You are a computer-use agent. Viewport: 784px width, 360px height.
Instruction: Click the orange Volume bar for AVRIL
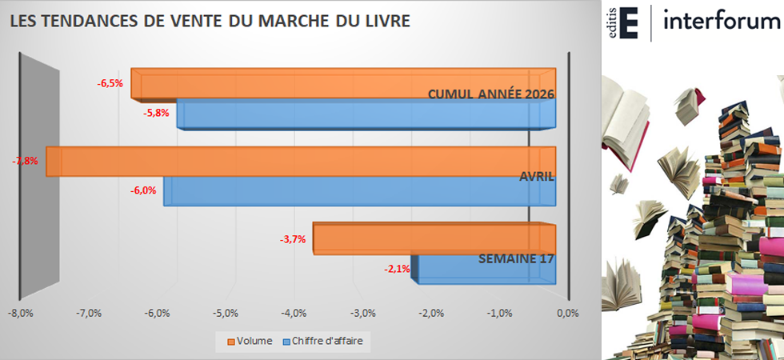point(301,161)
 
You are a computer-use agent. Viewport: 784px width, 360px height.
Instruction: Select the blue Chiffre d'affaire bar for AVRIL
point(359,191)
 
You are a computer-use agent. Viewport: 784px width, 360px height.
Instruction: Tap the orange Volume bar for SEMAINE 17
point(434,238)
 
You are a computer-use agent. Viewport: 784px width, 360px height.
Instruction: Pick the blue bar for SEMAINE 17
point(483,270)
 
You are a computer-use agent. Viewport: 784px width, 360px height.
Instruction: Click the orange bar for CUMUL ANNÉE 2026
point(343,83)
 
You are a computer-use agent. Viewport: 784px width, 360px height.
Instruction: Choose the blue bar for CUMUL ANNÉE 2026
point(366,114)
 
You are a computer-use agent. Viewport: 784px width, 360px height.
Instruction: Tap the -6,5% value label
point(110,83)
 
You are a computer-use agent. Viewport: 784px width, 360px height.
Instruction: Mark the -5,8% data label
point(156,113)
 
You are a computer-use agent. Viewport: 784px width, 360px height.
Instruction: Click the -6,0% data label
point(143,190)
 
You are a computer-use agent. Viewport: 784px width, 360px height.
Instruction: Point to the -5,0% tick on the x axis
point(225,314)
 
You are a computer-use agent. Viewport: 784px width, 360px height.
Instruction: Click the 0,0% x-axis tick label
point(567,314)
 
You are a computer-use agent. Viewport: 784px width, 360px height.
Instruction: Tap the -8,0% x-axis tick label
point(20,314)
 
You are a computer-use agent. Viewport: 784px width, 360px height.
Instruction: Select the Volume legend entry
point(250,342)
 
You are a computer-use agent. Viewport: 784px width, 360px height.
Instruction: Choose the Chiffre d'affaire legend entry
point(323,342)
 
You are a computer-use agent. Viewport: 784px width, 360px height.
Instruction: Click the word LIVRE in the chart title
point(386,21)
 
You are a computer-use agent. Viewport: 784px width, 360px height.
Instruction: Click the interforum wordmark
point(722,22)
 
